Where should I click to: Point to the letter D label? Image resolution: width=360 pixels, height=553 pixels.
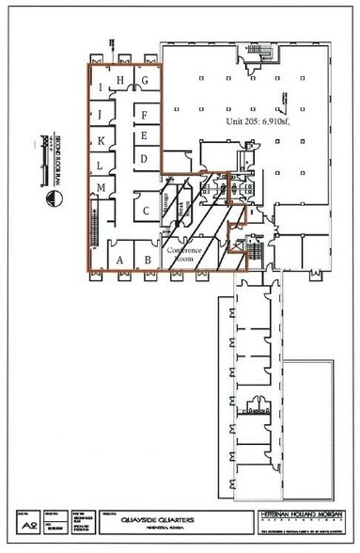144,159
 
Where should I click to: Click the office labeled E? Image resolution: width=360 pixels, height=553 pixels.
144,136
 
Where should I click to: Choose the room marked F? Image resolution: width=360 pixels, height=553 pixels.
144,115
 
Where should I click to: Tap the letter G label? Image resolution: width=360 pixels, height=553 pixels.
146,82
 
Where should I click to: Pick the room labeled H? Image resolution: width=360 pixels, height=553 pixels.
120,80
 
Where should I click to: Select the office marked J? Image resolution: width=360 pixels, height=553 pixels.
100,115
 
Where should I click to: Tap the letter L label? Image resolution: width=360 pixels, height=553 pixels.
100,166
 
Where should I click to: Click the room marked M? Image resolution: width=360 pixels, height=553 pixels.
100,189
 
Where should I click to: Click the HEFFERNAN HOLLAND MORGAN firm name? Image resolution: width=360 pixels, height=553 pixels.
297,516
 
